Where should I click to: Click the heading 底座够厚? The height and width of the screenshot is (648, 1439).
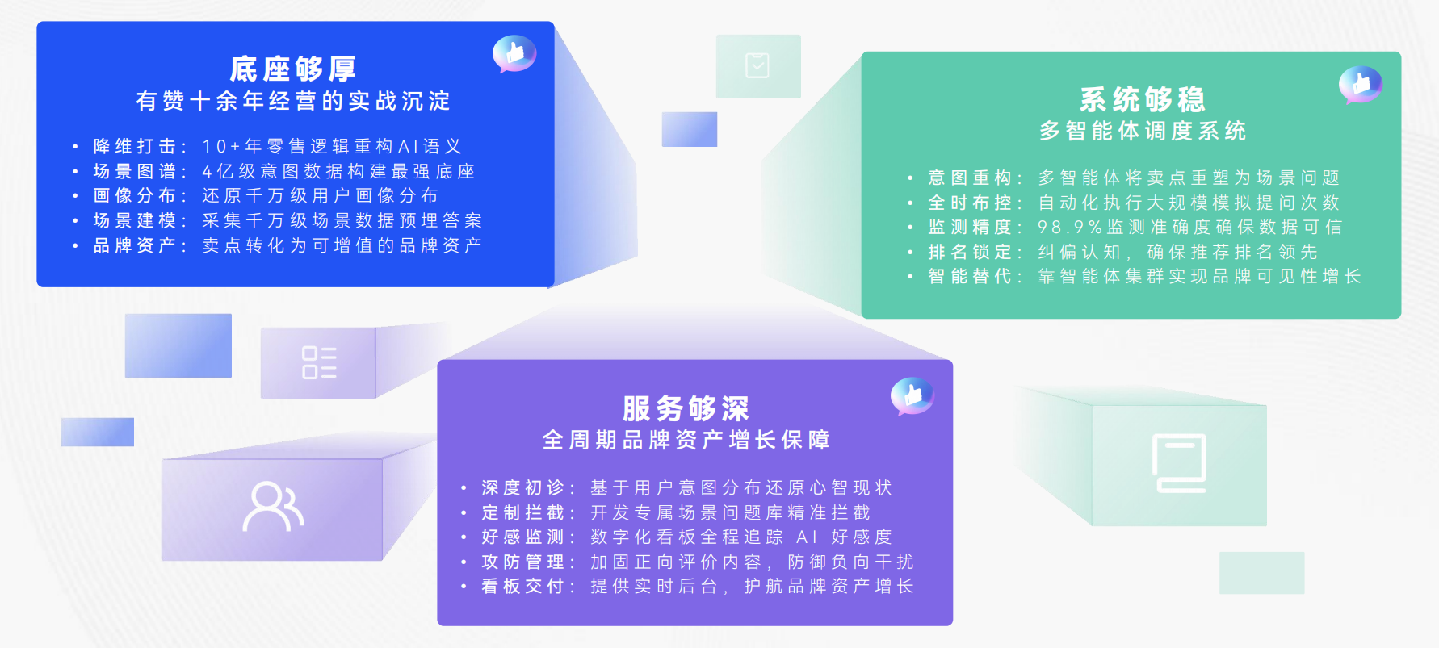(293, 69)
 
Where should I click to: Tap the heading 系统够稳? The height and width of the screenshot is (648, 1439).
(1143, 100)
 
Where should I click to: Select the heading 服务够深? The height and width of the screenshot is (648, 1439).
(686, 409)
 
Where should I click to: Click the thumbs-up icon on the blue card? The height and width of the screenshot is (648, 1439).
(514, 53)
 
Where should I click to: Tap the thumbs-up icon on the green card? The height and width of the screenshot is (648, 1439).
(1361, 84)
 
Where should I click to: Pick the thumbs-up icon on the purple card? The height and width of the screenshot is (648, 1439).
(912, 395)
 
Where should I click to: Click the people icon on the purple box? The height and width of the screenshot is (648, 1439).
(273, 507)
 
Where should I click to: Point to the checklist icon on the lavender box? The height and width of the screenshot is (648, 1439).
(319, 362)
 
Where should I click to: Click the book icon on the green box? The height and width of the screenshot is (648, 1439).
(1180, 463)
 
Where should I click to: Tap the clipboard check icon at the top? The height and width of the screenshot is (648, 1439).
(757, 65)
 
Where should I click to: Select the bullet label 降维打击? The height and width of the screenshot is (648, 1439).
(134, 146)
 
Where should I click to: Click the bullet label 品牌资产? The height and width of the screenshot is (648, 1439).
(134, 245)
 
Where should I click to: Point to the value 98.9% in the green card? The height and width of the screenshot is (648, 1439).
(1070, 228)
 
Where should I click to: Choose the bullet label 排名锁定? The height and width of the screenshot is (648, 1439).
(969, 252)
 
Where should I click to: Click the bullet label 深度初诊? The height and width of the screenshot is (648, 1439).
(522, 487)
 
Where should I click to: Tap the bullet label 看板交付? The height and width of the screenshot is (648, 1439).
(522, 587)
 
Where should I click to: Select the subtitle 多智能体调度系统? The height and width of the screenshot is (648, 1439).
(1143, 131)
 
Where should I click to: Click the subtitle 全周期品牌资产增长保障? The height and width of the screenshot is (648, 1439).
(686, 440)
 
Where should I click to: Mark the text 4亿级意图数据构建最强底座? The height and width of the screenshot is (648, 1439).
(338, 171)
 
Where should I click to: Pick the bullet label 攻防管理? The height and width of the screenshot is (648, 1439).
(522, 562)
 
